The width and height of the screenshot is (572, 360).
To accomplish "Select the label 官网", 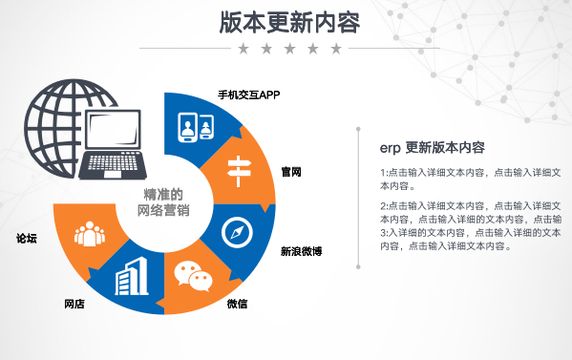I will (x=291, y=172).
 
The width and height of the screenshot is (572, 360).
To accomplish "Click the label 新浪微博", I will (x=300, y=252).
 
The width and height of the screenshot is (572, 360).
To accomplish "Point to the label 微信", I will (x=238, y=304).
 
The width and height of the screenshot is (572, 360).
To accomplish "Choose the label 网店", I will (x=74, y=304).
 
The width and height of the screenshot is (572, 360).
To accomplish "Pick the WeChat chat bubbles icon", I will (x=193, y=277).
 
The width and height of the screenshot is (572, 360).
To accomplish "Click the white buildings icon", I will (x=131, y=275).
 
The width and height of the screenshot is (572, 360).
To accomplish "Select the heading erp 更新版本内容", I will (x=432, y=148).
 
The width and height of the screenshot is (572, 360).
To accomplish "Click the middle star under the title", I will (x=286, y=48).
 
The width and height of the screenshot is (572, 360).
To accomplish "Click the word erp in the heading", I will (x=389, y=149).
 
